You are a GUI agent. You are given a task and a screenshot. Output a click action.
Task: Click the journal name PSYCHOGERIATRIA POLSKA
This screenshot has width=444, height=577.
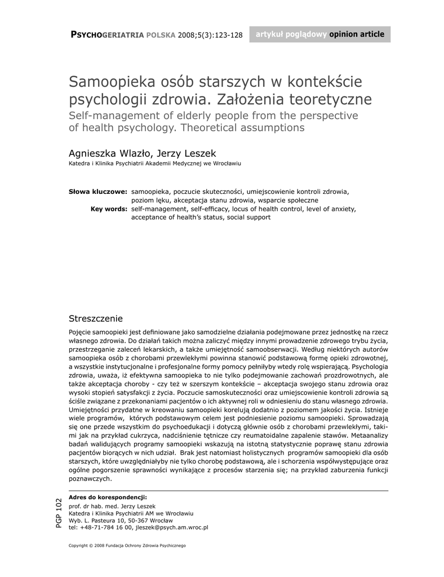click(x=122, y=35)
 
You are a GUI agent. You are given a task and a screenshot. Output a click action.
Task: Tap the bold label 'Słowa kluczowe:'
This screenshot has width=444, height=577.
click(x=97, y=192)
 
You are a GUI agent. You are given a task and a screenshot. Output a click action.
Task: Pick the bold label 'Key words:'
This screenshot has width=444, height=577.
click(x=108, y=208)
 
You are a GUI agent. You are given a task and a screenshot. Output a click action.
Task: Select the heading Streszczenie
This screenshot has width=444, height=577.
click(x=95, y=318)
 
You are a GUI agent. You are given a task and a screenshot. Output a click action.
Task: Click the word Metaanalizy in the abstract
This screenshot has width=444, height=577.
click(x=369, y=436)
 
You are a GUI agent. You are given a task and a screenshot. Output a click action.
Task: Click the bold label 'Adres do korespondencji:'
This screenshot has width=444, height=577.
click(x=108, y=497)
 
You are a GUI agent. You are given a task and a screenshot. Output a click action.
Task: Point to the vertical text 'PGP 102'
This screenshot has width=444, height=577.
click(x=59, y=513)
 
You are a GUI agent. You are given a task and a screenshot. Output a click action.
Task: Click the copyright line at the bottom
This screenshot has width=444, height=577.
click(x=127, y=545)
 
